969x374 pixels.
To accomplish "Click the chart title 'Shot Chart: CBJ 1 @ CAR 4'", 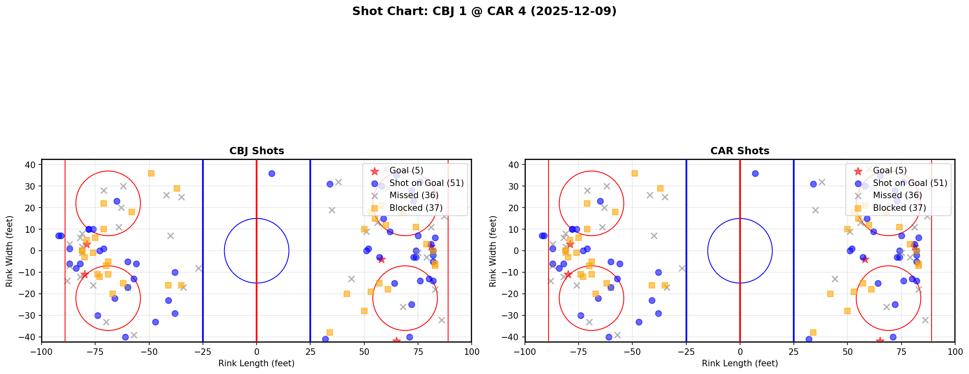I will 484,11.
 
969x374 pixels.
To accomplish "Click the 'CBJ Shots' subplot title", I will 257,151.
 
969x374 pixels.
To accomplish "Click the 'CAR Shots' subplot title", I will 740,151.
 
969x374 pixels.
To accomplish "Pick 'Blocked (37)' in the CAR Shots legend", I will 899,208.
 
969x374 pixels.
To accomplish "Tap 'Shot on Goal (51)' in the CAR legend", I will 910,183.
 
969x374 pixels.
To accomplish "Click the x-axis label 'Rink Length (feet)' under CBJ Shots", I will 257,363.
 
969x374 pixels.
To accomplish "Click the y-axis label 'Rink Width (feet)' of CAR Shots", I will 493,251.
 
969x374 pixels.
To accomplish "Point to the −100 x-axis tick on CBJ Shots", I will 41,351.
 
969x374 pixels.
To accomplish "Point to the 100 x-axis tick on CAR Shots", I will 954,351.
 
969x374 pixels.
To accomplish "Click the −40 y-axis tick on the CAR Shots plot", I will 513,337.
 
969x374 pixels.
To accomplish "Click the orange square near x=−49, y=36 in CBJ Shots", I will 151,173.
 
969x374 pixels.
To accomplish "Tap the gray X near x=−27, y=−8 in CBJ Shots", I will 198,268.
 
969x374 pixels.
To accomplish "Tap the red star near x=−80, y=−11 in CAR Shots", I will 568,274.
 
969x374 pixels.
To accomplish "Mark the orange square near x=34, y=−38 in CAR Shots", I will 813,332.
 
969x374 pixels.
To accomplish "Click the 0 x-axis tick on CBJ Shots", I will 257,351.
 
